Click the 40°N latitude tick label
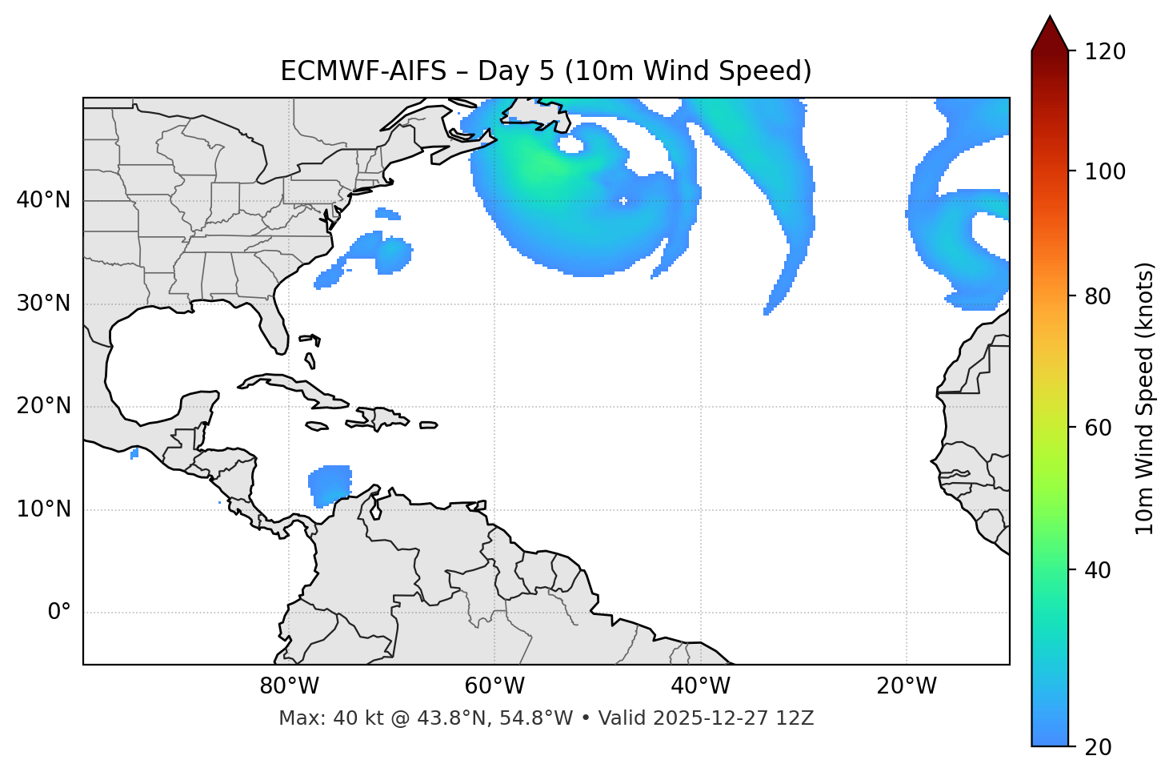click(43, 200)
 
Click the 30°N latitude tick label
click(43, 304)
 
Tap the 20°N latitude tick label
click(43, 406)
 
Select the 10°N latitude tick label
click(43, 509)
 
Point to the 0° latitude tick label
click(59, 613)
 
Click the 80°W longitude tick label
click(289, 686)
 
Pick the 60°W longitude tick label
click(494, 686)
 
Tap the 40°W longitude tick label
click(700, 686)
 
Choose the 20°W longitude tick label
click(907, 686)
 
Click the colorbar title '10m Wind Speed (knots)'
click(1145, 398)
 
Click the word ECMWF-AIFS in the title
click(363, 71)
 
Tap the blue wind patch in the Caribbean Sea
click(330, 485)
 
